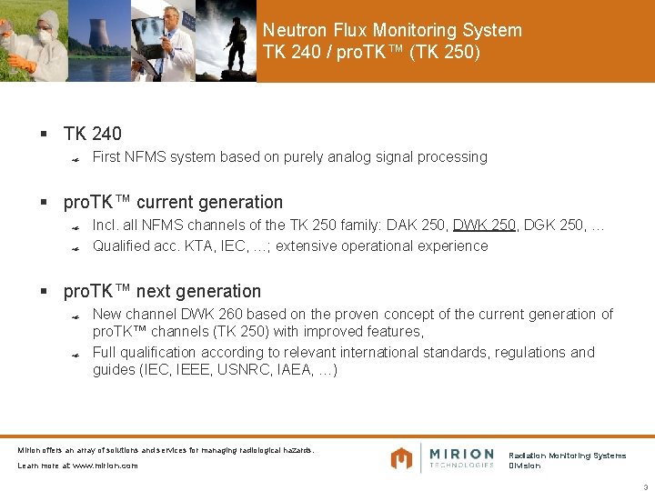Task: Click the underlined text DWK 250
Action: click(484, 225)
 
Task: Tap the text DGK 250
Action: click(554, 225)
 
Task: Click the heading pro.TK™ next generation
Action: click(162, 291)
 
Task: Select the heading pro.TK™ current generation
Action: click(173, 202)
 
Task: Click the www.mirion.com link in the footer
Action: click(105, 466)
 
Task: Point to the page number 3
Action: click(645, 486)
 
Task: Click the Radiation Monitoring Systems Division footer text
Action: click(567, 460)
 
